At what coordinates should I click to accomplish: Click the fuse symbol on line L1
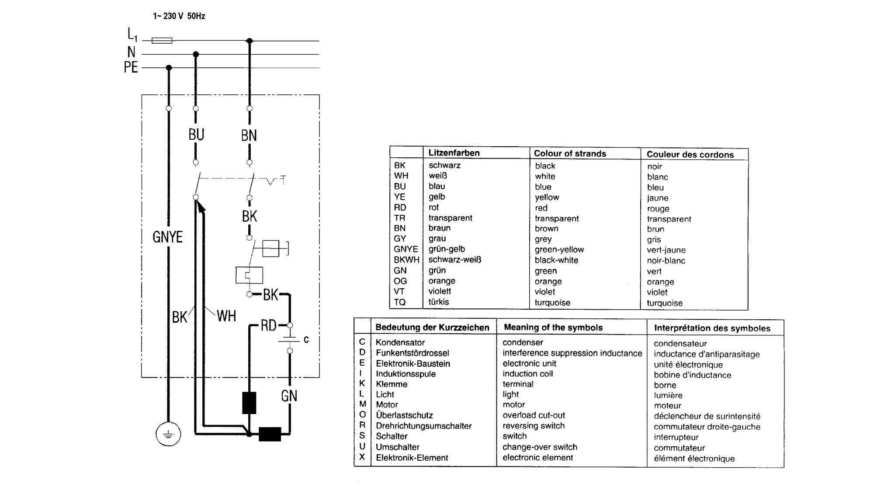click(162, 41)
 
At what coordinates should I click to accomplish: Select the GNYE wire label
click(167, 237)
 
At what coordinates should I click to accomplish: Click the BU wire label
click(196, 135)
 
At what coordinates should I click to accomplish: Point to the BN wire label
click(249, 135)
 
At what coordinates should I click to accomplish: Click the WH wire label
click(226, 316)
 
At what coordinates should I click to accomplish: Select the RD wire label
click(268, 325)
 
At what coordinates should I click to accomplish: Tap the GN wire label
click(289, 396)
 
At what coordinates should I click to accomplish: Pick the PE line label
click(131, 67)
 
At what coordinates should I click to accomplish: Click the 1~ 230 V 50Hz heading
click(179, 16)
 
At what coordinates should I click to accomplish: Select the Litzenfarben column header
click(454, 153)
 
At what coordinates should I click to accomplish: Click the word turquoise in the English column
click(552, 303)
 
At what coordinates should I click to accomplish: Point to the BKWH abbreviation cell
click(406, 260)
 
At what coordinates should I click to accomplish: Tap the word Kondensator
click(400, 342)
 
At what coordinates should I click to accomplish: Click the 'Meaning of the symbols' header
click(553, 328)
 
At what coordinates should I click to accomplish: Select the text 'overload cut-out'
click(534, 415)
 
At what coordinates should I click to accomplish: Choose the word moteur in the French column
click(668, 406)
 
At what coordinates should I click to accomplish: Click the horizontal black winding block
click(270, 434)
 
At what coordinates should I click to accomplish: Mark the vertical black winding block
click(249, 403)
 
